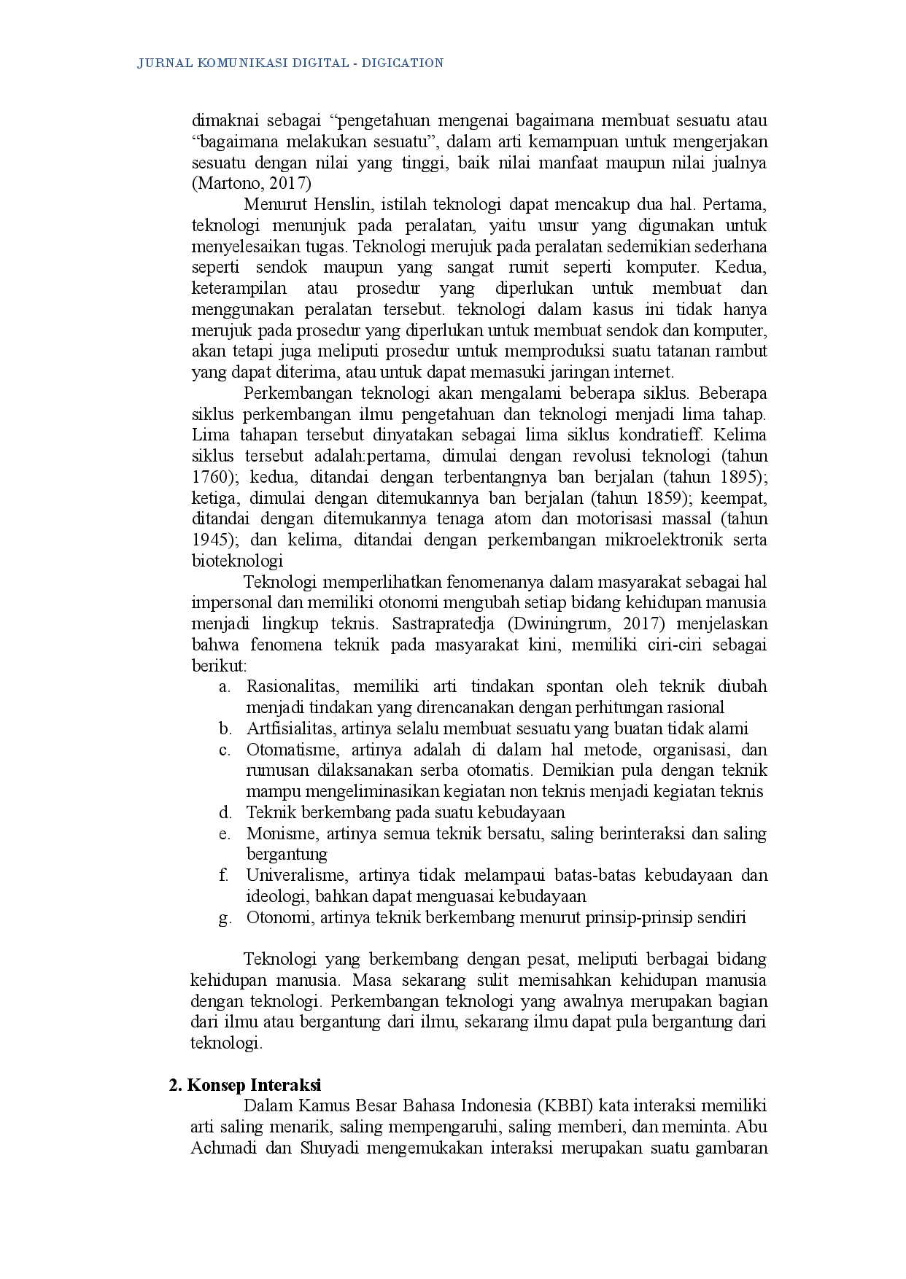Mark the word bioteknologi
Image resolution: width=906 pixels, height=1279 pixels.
[x=237, y=561]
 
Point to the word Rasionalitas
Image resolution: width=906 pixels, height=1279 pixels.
[x=292, y=687]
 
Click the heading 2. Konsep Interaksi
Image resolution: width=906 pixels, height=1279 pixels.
[x=245, y=1085]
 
